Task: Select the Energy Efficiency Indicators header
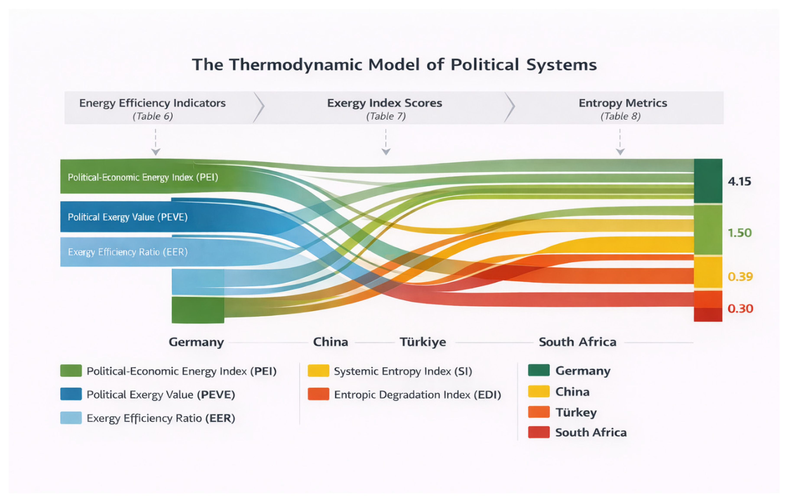coord(152,103)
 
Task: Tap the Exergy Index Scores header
coord(385,103)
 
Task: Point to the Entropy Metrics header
coord(623,103)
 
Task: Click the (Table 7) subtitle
coord(386,116)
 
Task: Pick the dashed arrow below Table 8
coord(620,142)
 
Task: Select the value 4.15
coord(739,181)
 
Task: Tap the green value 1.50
coord(740,233)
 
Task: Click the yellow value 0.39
coord(740,277)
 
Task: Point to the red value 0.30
coord(740,308)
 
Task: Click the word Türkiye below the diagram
coord(423,342)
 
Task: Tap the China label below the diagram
coord(330,342)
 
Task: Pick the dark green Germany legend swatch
coord(539,371)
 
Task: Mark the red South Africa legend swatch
coord(539,432)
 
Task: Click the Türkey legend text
coord(576,412)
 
